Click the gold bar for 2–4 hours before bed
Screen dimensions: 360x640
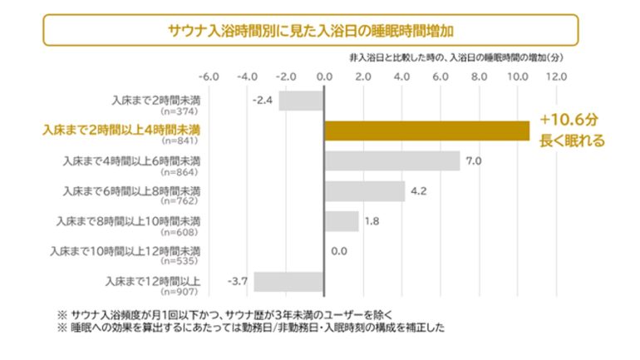pyautogui.click(x=426, y=131)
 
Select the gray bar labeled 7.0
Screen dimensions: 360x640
pyautogui.click(x=391, y=160)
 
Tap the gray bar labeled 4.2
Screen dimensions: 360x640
pyautogui.click(x=364, y=191)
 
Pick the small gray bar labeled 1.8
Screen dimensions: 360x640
pyautogui.click(x=341, y=221)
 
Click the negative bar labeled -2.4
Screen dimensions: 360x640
pyautogui.click(x=300, y=101)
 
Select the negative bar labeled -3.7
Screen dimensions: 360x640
pyautogui.click(x=288, y=281)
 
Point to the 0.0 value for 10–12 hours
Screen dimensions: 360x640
pyautogui.click(x=339, y=251)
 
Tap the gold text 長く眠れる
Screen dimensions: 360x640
pyautogui.click(x=572, y=141)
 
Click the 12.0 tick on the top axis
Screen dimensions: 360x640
pyautogui.click(x=555, y=76)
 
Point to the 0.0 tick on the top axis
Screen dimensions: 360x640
pyautogui.click(x=324, y=76)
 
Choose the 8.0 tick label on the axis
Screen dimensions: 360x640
pyautogui.click(x=478, y=76)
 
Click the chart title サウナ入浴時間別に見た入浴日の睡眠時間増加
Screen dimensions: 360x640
pyautogui.click(x=310, y=31)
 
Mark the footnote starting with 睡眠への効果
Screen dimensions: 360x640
pyautogui.click(x=250, y=328)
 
